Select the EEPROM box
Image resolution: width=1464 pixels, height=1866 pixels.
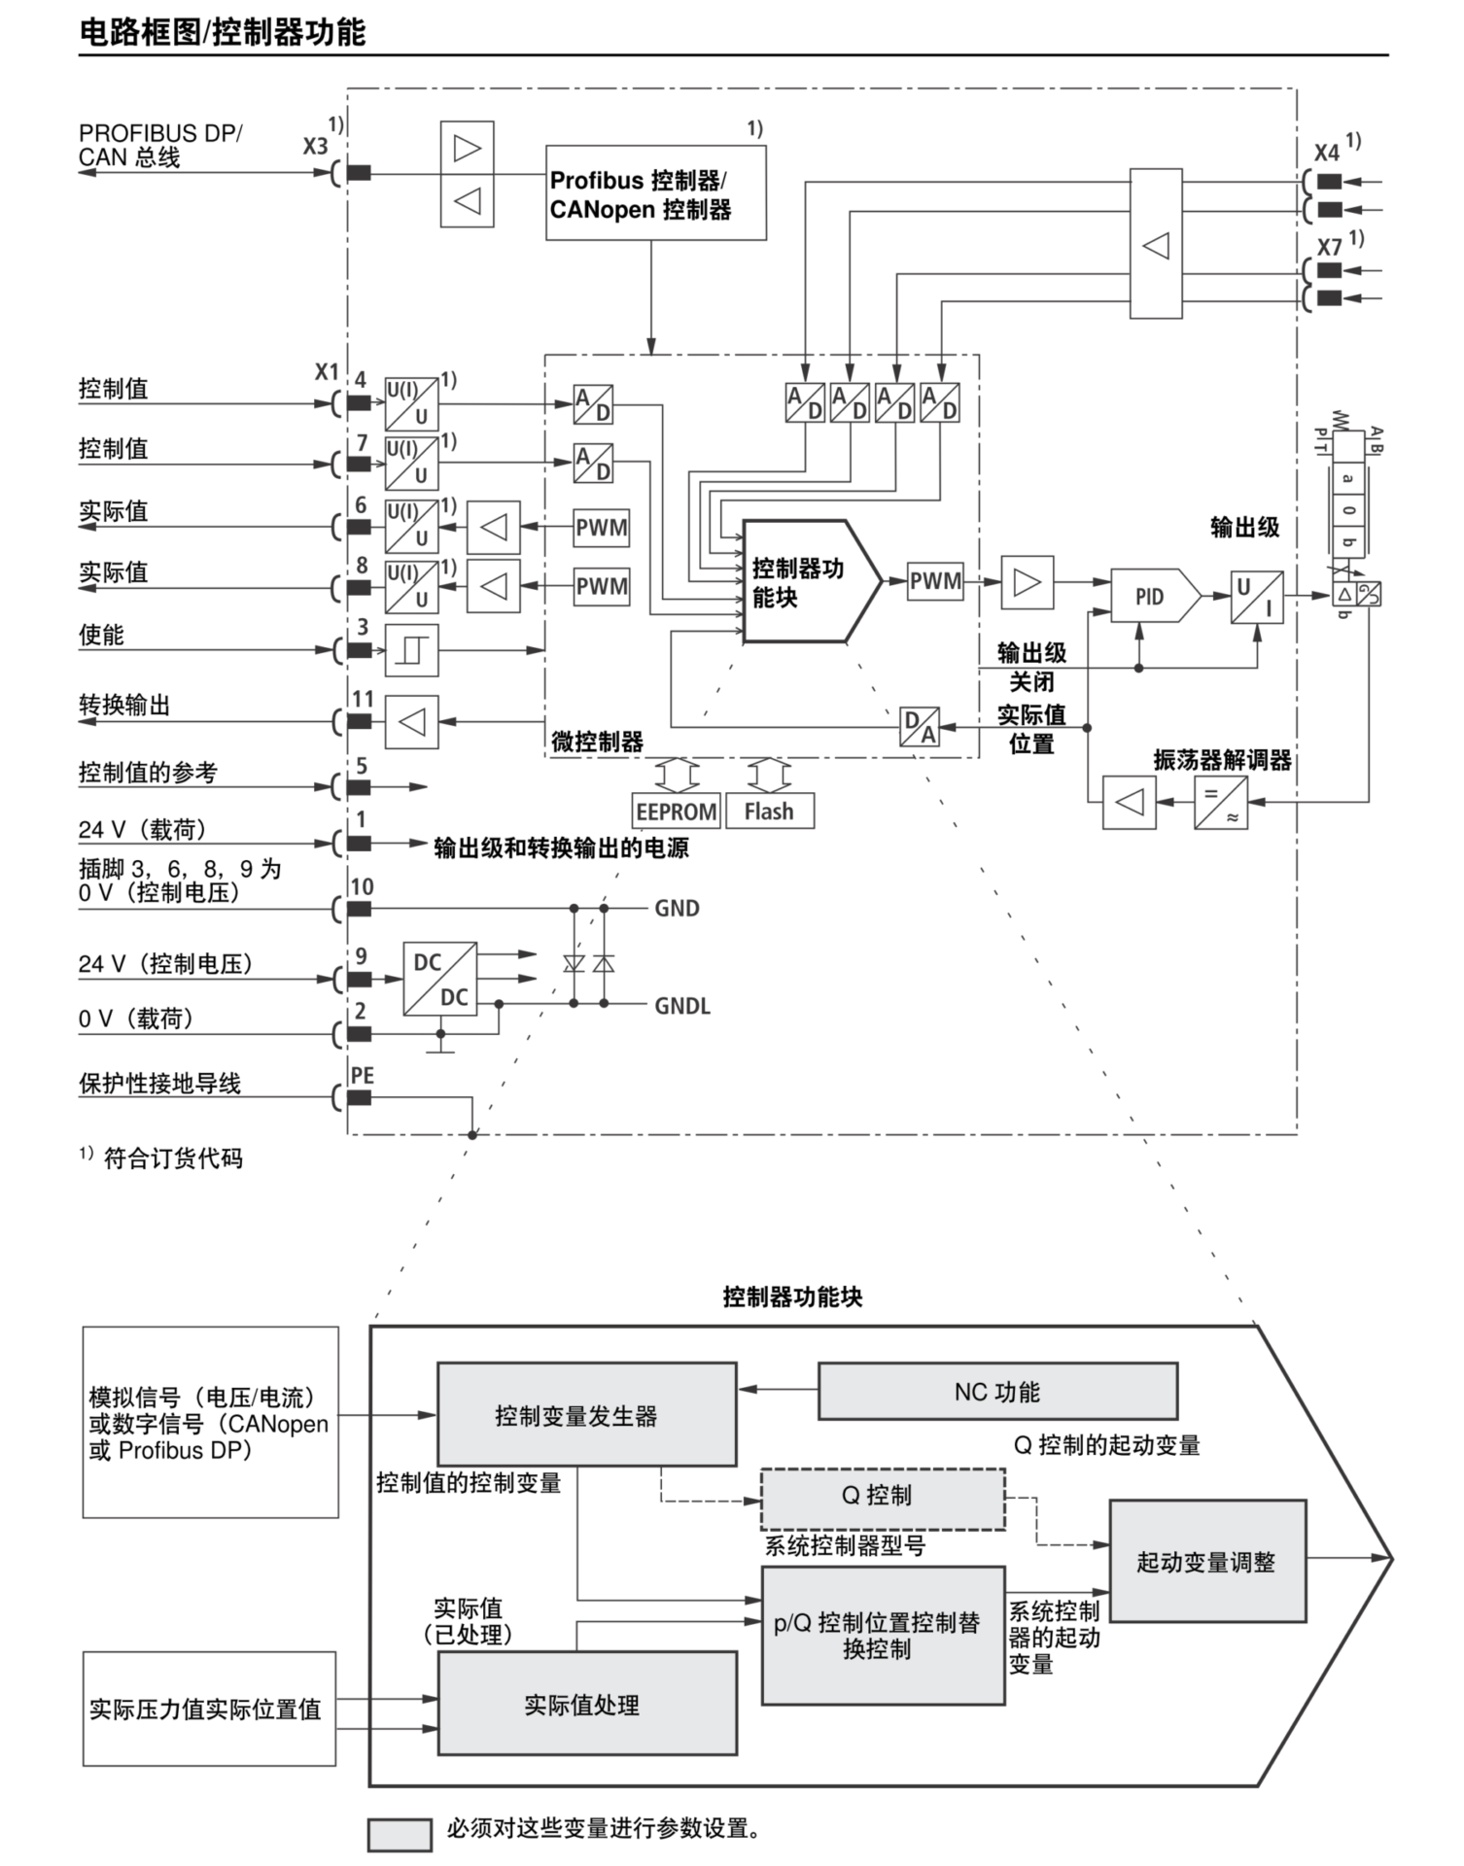point(676,812)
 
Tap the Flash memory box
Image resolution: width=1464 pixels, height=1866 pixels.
point(769,812)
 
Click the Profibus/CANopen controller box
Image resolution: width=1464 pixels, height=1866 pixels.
point(655,193)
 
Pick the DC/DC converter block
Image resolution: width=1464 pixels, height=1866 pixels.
point(440,979)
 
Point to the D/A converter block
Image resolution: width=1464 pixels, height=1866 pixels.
point(919,726)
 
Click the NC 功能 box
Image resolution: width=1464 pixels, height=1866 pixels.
point(997,1392)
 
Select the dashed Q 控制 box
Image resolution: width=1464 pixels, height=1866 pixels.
point(882,1495)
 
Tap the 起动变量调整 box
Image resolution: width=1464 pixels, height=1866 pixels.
point(1206,1561)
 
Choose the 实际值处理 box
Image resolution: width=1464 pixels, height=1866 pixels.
point(586,1704)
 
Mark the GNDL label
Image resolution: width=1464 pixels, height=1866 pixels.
point(682,1006)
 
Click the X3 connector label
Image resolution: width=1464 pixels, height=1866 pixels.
point(315,147)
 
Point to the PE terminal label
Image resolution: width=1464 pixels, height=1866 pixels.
point(362,1075)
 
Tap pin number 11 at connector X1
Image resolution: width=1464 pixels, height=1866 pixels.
point(363,699)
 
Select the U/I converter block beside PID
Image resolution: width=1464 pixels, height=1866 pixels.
point(1256,597)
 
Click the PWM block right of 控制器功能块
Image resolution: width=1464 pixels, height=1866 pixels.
point(935,581)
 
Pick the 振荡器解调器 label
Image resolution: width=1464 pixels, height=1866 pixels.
point(1222,761)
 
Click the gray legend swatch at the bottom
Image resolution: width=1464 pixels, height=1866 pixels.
point(399,1834)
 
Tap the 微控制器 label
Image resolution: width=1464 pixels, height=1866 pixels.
point(597,743)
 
